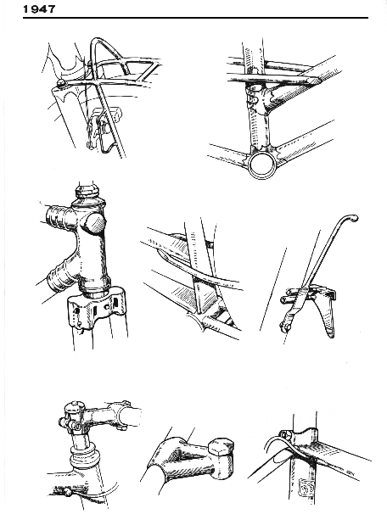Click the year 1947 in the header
[39, 8]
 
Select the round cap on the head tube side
[95, 223]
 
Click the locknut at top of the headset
[86, 190]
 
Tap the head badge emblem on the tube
[306, 488]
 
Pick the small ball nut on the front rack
[60, 83]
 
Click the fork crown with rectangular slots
[96, 306]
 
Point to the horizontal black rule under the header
[195, 18]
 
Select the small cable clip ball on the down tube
[67, 491]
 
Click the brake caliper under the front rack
[102, 130]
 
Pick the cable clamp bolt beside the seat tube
[285, 434]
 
